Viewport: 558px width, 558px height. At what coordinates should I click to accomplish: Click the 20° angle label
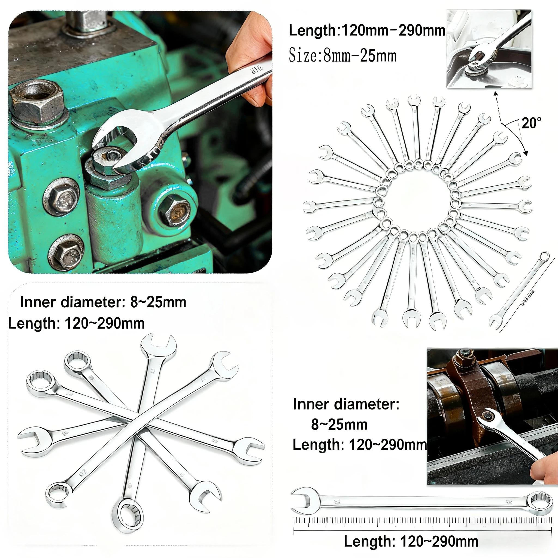click(x=531, y=123)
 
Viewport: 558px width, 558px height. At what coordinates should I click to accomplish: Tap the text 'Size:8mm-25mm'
click(x=342, y=56)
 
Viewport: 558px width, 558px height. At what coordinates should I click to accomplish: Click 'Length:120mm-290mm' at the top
click(x=366, y=31)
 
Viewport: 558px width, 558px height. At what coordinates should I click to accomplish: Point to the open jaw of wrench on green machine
click(x=114, y=141)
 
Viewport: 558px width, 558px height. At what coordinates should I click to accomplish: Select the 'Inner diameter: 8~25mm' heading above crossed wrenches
click(x=103, y=302)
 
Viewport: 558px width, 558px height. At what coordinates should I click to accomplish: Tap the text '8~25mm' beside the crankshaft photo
click(x=339, y=424)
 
